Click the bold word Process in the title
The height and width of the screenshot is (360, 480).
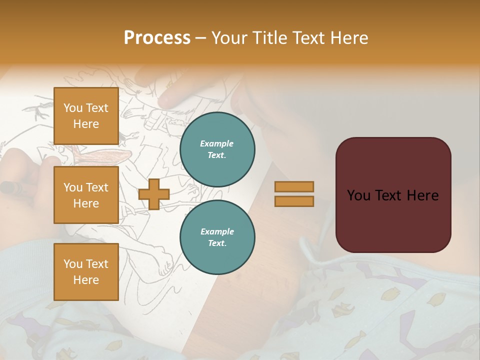[x=157, y=37]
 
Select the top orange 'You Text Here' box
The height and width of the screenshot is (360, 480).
[x=86, y=116]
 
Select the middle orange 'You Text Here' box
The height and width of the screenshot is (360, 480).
[x=86, y=195]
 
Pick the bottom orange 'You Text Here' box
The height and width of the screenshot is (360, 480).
[x=86, y=271]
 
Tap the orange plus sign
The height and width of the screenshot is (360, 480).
[x=154, y=194]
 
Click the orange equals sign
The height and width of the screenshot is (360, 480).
[x=294, y=194]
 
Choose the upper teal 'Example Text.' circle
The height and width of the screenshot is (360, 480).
[x=217, y=149]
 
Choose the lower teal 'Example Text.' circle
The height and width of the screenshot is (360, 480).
[x=217, y=237]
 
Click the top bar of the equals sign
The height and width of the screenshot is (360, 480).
[x=294, y=186]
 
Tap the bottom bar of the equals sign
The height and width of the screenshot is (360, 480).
[x=294, y=201]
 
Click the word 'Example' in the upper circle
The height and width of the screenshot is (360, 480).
[x=217, y=143]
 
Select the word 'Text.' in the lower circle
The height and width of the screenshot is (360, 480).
[x=217, y=243]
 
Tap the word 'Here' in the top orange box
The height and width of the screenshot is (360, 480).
[x=86, y=124]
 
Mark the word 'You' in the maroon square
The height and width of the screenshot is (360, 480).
[x=358, y=195]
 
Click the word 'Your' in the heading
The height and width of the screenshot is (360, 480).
[x=229, y=37]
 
